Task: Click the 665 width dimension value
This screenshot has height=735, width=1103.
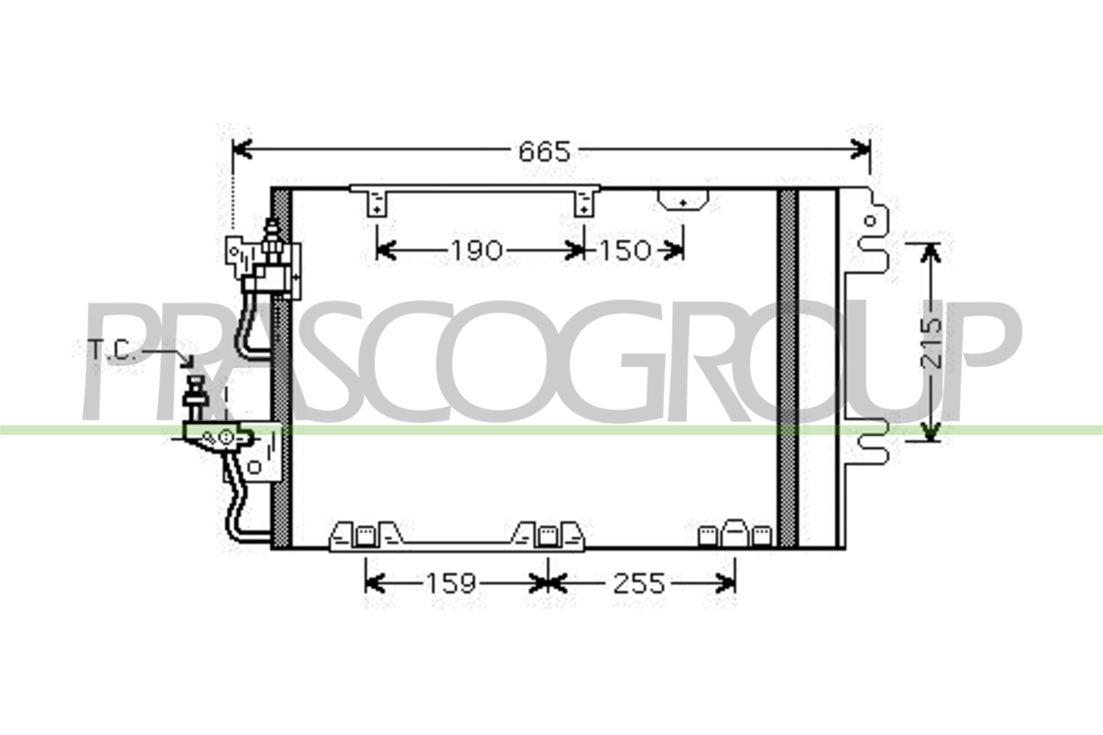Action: [545, 151]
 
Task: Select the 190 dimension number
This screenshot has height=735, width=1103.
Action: [477, 250]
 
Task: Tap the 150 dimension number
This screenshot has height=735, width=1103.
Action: [625, 250]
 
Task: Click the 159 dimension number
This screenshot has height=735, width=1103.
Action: [451, 583]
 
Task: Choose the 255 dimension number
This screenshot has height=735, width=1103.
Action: [639, 583]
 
